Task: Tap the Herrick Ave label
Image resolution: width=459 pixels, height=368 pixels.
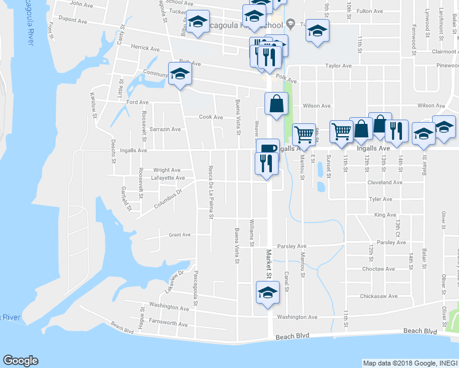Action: click(x=145, y=48)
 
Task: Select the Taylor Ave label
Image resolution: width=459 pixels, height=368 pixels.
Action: click(x=338, y=66)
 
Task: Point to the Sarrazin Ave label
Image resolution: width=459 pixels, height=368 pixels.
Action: click(x=166, y=129)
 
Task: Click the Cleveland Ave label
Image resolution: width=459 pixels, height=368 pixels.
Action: click(x=385, y=182)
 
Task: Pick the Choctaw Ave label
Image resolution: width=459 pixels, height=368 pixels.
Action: click(x=379, y=269)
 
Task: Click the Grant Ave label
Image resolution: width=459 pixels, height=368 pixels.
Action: click(x=180, y=234)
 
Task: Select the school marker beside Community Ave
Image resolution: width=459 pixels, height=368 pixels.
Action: click(x=180, y=74)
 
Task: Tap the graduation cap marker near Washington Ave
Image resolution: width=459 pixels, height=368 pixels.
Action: click(x=267, y=292)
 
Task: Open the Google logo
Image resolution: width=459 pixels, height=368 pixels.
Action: click(x=20, y=361)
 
